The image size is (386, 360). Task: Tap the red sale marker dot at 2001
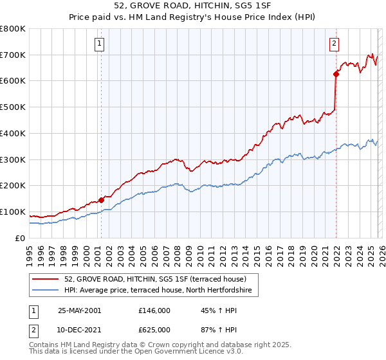coord(102,200)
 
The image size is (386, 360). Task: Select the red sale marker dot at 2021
coord(336,74)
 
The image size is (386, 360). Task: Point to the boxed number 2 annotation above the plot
coord(335,44)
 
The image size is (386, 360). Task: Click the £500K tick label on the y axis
coord(13,107)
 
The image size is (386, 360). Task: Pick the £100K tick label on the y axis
coord(13,212)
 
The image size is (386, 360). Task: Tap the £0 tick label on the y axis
coord(19,239)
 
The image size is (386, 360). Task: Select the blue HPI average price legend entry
coord(161,291)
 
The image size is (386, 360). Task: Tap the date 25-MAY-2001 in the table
coord(79,310)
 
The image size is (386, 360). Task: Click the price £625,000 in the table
coord(154,330)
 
